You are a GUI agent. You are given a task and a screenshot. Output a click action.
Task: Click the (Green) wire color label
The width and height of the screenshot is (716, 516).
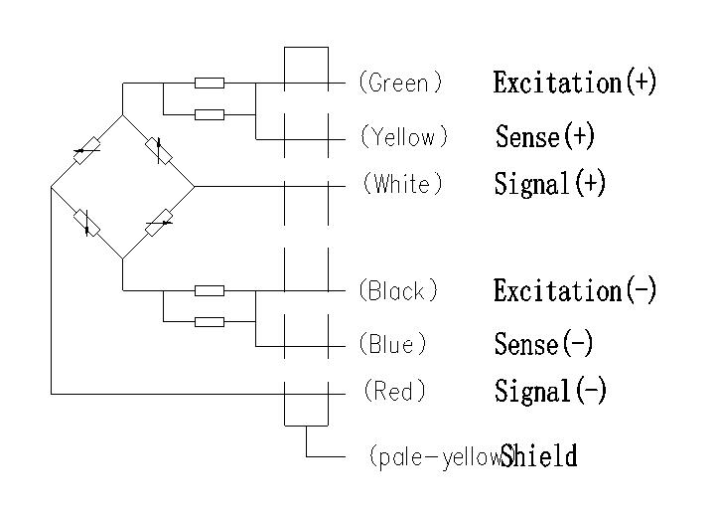(400, 84)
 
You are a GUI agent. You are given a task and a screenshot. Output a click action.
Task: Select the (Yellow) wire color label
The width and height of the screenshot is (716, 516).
(404, 136)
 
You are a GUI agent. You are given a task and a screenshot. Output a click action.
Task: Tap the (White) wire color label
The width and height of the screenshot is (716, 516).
(402, 185)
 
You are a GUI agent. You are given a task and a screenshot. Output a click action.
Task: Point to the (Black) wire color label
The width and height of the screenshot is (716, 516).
(398, 291)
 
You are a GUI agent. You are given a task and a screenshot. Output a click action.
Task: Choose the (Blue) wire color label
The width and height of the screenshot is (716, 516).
(393, 344)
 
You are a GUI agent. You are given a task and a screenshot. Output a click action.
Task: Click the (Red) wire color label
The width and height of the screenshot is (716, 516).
(394, 392)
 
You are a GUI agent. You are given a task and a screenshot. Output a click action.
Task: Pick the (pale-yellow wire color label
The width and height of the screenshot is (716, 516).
(434, 457)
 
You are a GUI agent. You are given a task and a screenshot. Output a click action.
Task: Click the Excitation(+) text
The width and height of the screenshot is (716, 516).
(575, 82)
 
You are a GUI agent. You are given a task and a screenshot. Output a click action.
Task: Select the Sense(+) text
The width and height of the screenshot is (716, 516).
(545, 136)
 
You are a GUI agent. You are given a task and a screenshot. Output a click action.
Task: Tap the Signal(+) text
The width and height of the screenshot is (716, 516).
(550, 184)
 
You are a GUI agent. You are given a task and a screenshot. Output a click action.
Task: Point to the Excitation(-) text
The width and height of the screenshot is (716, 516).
(575, 290)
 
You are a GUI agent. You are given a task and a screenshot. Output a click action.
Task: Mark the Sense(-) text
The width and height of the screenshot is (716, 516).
(544, 344)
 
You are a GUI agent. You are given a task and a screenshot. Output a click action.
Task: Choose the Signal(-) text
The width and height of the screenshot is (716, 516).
(550, 391)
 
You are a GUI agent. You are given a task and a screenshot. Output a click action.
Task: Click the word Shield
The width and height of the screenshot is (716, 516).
(539, 457)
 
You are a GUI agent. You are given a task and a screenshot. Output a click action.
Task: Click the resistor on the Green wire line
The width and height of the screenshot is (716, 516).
(209, 83)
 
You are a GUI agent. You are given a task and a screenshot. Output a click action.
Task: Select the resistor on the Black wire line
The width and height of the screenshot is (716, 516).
(209, 290)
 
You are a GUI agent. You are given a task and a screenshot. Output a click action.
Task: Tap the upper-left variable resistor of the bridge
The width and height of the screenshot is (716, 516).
(86, 150)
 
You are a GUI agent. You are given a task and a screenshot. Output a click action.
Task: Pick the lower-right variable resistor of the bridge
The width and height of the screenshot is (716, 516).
(159, 223)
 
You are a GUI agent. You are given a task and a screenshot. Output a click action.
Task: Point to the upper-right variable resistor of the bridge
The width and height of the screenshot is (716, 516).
(158, 150)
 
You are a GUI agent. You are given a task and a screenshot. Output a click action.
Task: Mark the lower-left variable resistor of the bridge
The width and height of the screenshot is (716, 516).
(87, 223)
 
